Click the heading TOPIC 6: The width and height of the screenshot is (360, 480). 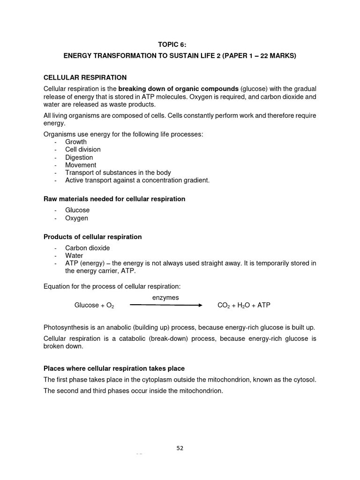(180, 45)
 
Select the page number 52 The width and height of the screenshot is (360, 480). (180, 448)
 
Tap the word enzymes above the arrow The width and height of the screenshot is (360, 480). (165, 298)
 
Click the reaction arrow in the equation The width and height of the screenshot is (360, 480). (165, 305)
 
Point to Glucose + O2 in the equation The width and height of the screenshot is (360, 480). (94, 305)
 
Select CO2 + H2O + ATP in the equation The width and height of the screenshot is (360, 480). (244, 305)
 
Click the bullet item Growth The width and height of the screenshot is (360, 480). (76, 142)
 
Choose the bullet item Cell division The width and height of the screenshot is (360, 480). (83, 150)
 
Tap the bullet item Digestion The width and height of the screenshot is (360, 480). (79, 157)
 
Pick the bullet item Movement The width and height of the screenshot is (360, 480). (81, 165)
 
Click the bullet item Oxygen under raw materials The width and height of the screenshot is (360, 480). (76, 218)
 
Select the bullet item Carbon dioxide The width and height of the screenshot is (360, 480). (88, 248)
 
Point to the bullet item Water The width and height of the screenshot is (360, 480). (74, 256)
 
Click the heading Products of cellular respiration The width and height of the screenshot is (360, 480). (92, 237)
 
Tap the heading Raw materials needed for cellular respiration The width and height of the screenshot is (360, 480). (114, 199)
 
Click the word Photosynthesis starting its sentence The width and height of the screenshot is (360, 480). (67, 327)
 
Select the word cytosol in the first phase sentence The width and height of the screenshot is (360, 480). (304, 380)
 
